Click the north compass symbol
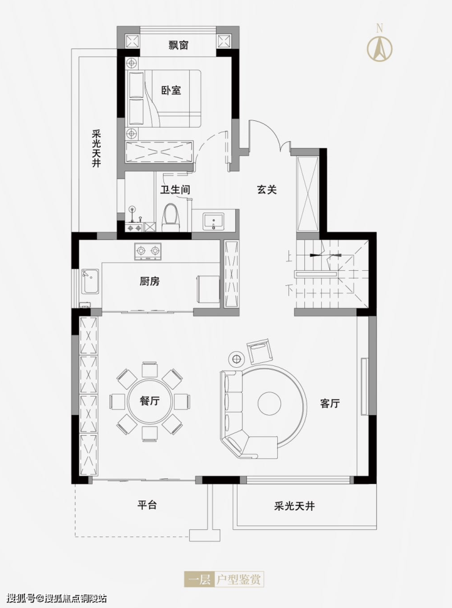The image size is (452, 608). [379, 45]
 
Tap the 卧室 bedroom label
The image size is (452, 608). [171, 90]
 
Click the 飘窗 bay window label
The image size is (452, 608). [178, 45]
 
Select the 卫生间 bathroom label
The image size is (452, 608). [175, 189]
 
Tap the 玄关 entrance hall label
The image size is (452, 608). [267, 189]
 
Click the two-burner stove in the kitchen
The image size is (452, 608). [148, 252]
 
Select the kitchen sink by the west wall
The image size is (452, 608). [91, 282]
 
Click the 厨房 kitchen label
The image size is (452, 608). [150, 281]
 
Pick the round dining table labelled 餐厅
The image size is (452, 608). [150, 401]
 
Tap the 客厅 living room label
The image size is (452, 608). [330, 403]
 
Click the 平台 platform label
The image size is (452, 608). [147, 505]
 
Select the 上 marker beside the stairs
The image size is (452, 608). [289, 257]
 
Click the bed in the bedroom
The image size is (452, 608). [164, 98]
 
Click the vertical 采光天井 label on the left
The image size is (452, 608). [96, 148]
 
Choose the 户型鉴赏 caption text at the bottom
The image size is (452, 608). [239, 580]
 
